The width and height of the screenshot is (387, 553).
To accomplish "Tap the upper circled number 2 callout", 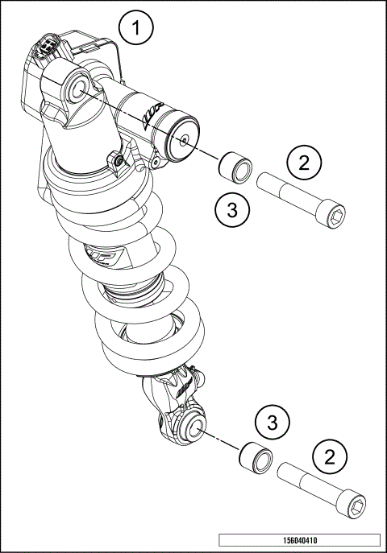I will pyautogui.click(x=304, y=164).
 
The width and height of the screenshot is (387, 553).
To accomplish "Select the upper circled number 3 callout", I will pyautogui.click(x=232, y=211).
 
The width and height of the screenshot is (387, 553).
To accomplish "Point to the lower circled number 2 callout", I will pyautogui.click(x=330, y=457).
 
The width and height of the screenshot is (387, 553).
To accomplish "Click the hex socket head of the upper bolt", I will pyautogui.click(x=337, y=213).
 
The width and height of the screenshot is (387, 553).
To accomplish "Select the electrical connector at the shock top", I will pyautogui.click(x=46, y=49).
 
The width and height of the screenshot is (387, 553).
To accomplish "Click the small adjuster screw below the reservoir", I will pyautogui.click(x=119, y=161).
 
